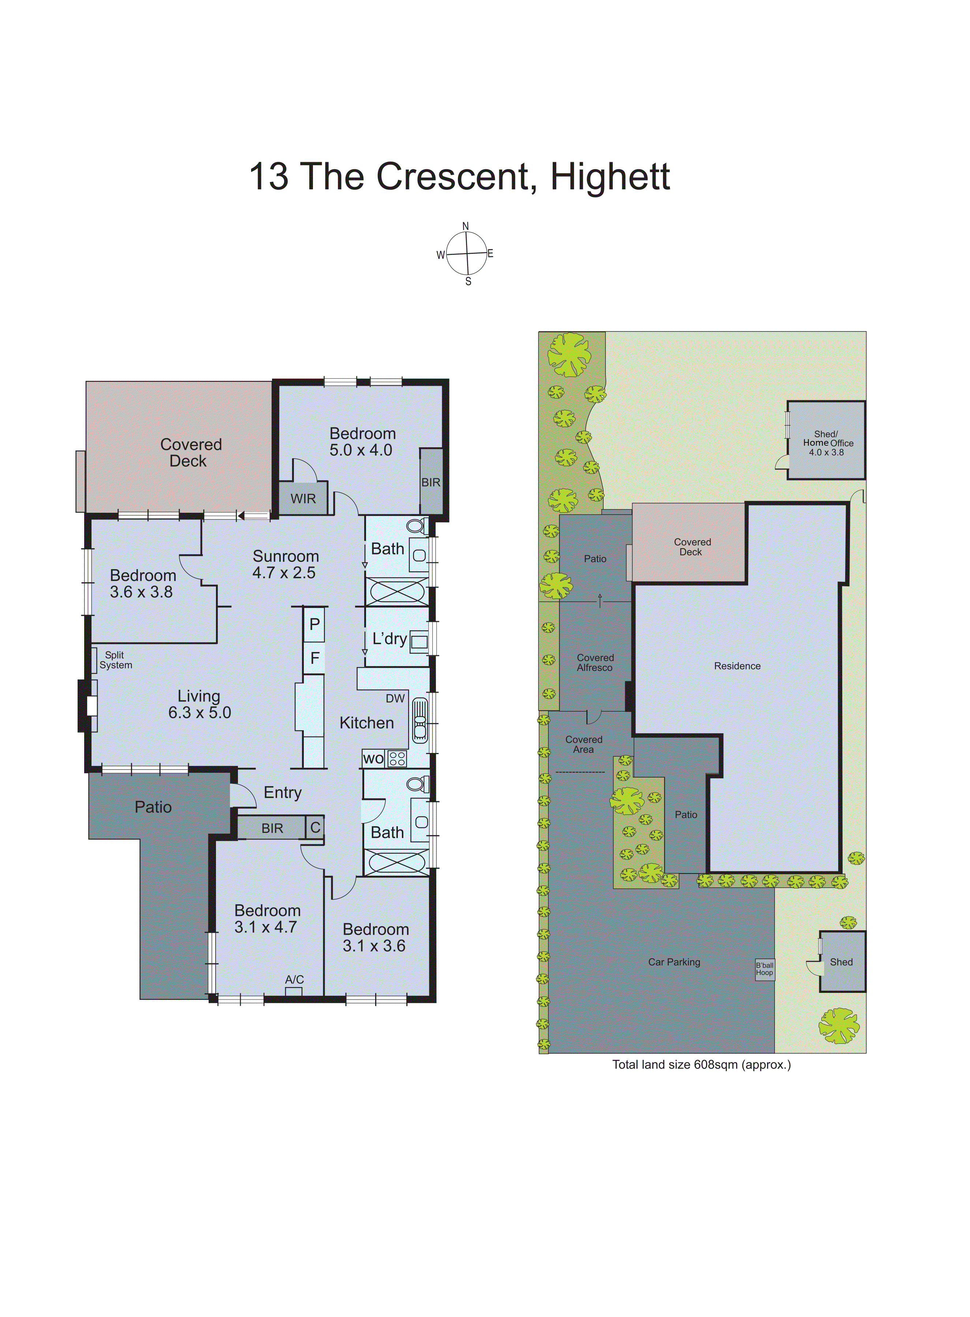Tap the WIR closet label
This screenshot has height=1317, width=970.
pos(303,499)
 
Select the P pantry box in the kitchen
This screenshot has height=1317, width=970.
pos(315,624)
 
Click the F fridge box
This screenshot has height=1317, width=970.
pos(315,658)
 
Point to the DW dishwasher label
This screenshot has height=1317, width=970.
pos(395,698)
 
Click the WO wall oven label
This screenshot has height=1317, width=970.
pos(373,758)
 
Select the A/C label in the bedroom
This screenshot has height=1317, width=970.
pos(294,979)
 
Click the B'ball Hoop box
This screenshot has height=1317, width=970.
pos(765,969)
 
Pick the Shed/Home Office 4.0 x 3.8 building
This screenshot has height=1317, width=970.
pos(826,441)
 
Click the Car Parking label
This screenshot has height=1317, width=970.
pos(674,962)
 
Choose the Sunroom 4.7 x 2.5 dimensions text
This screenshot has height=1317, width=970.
pos(284,573)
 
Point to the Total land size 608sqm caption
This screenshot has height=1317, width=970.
pos(702,1064)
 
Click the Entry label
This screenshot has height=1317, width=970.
pos(283,793)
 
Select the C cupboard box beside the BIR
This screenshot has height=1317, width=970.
pos(315,828)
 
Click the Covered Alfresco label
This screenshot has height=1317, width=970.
pos(595,663)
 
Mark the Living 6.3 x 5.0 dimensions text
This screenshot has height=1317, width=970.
pos(199,713)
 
